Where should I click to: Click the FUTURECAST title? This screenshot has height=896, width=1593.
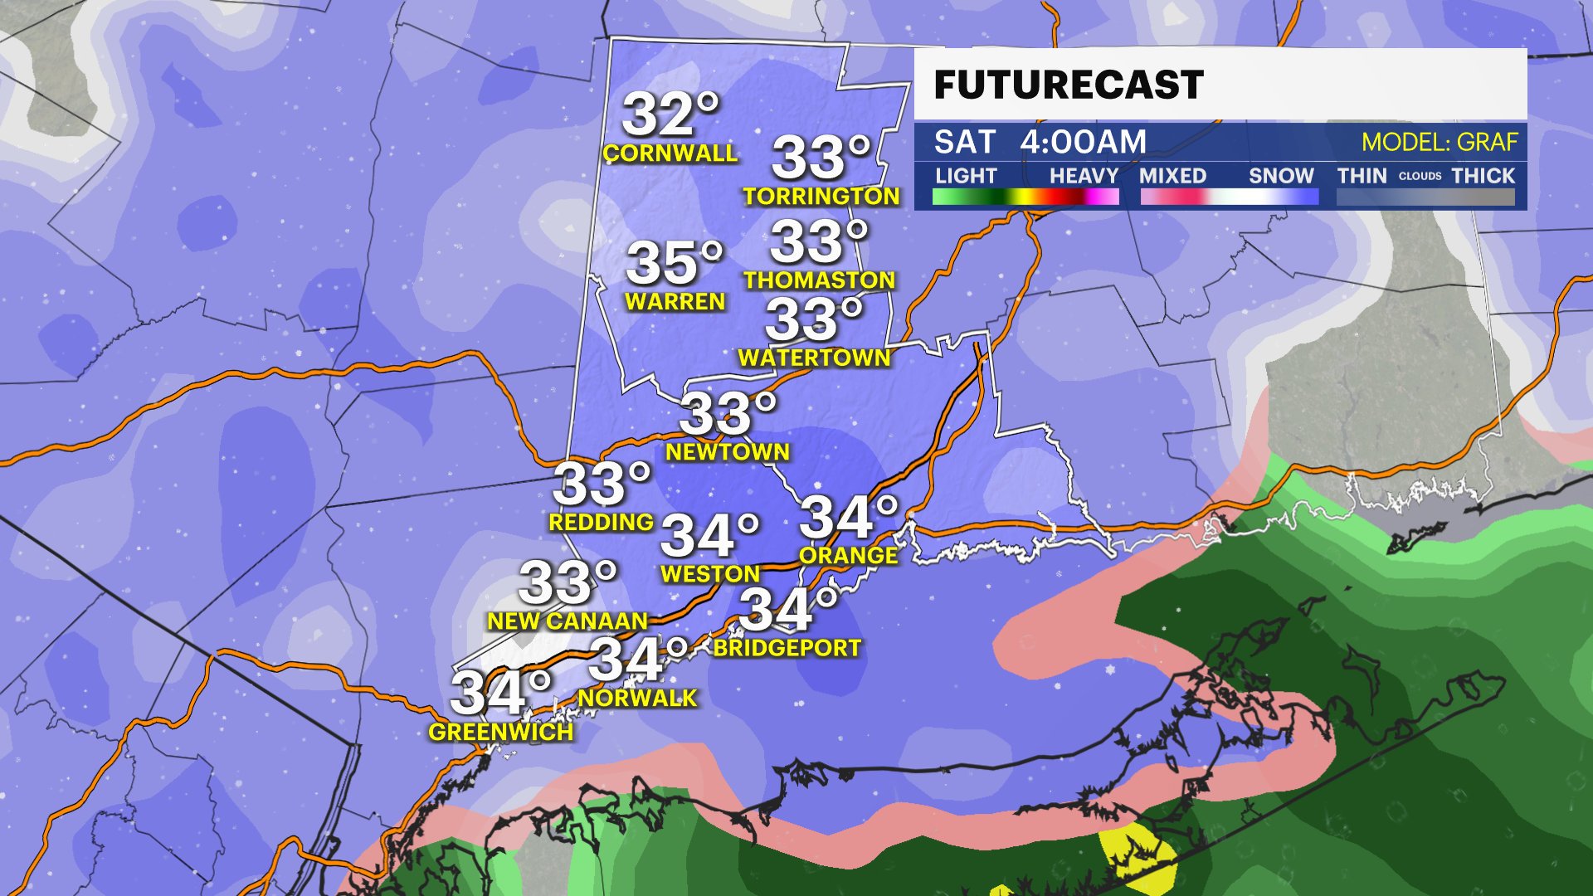[1069, 85]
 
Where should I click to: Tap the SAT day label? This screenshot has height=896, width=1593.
[964, 142]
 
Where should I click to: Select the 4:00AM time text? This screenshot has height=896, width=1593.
[1083, 142]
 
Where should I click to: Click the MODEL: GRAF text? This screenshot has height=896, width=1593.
[1439, 142]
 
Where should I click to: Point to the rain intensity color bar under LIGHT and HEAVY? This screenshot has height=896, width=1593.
[1025, 197]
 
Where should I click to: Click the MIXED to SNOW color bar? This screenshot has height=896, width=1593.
[1229, 197]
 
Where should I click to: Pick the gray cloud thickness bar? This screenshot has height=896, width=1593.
[1425, 197]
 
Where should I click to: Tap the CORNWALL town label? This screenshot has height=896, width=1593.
[670, 153]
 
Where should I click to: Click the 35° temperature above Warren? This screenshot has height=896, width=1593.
[675, 263]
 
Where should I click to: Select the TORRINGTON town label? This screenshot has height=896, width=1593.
[821, 197]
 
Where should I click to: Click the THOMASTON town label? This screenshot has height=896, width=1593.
[819, 280]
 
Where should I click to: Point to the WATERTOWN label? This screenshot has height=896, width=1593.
[814, 358]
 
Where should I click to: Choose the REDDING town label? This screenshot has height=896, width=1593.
[601, 523]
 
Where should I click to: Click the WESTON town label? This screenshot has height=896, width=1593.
[710, 574]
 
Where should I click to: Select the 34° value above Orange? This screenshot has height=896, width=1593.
[848, 517]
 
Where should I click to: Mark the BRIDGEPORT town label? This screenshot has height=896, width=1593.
[787, 648]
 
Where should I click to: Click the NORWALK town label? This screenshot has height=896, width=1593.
[637, 699]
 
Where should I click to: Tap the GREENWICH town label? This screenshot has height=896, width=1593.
[500, 732]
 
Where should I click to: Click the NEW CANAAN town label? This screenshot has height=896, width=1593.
[568, 621]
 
